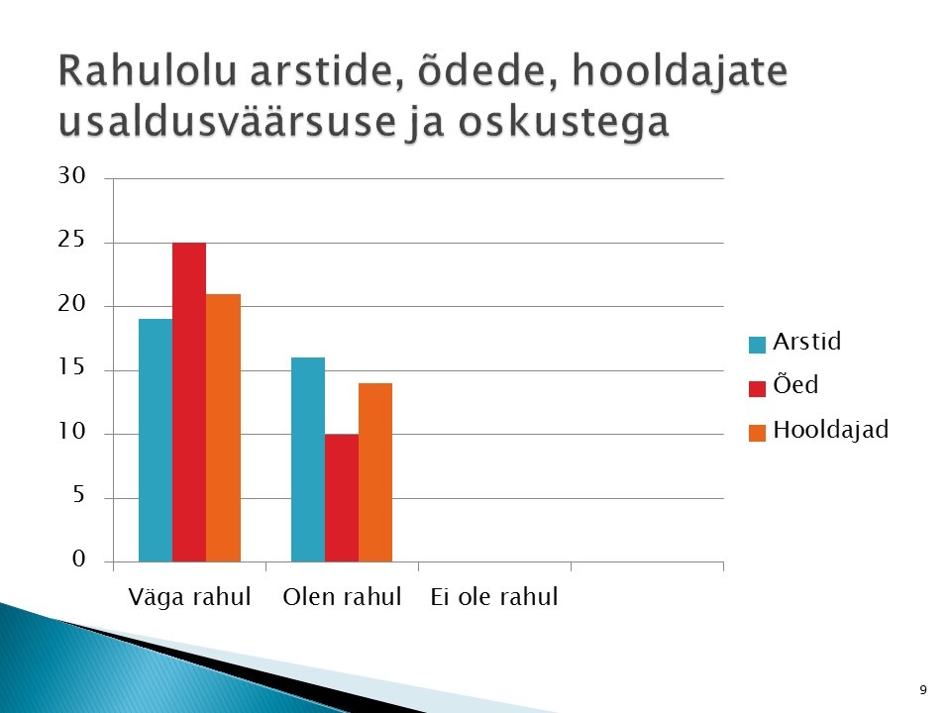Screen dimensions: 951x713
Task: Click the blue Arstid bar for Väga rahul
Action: (156, 440)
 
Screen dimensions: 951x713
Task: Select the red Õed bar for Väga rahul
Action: (189, 402)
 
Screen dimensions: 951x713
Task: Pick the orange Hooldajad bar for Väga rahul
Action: (223, 428)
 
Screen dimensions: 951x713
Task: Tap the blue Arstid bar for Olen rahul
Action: (308, 459)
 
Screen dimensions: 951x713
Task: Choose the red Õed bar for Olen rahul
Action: (342, 498)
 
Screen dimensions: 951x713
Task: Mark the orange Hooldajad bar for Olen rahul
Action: (375, 472)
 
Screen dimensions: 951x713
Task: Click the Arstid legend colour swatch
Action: (758, 345)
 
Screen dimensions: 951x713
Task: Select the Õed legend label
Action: (795, 384)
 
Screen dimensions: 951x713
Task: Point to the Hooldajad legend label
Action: (831, 430)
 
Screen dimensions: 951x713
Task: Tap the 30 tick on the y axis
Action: (71, 176)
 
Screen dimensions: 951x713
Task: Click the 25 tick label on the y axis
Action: (71, 240)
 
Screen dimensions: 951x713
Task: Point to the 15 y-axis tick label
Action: (71, 367)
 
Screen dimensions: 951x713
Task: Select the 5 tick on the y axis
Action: (79, 495)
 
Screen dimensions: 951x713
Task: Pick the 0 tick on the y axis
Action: (79, 559)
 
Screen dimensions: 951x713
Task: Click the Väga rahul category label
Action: (190, 597)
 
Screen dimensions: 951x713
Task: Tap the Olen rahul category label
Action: (342, 596)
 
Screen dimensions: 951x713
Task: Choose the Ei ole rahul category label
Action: (494, 596)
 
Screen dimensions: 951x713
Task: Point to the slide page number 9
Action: (923, 690)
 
